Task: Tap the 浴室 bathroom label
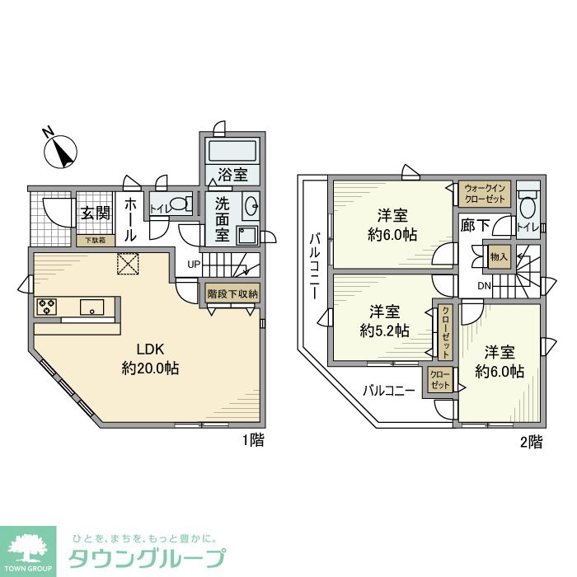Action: [x=233, y=175]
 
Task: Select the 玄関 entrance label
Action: [x=96, y=213]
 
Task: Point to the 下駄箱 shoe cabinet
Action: [x=96, y=241]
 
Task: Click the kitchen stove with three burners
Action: [x=46, y=307]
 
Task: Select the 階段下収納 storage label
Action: [x=232, y=293]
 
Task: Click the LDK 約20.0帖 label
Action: [x=150, y=358]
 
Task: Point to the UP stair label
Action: [x=194, y=265]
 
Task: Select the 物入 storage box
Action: [x=500, y=257]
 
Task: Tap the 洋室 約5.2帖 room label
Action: [x=385, y=321]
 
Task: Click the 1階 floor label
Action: [x=253, y=440]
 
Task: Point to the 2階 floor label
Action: [x=532, y=443]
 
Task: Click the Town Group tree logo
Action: [x=28, y=550]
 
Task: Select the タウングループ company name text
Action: [x=145, y=557]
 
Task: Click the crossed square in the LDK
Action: [x=129, y=264]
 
